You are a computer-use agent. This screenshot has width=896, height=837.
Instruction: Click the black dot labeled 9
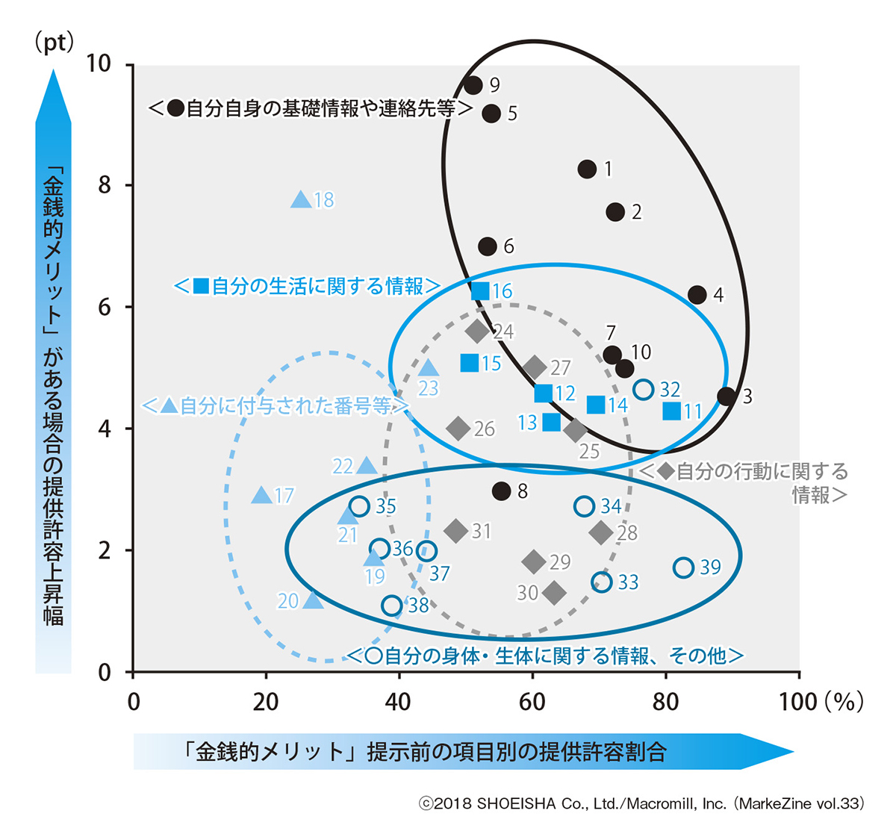tap(473, 85)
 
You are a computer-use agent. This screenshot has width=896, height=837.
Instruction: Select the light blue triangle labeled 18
tap(301, 199)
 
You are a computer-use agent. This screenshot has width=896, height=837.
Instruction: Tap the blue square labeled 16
tap(481, 290)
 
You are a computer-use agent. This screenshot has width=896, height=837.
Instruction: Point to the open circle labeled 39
tap(684, 567)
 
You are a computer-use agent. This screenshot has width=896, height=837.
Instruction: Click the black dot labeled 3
tap(727, 396)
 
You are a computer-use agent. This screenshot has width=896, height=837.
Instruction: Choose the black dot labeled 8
tap(502, 491)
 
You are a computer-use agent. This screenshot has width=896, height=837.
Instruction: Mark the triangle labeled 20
tap(314, 600)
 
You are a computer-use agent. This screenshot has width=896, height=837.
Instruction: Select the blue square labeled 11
tap(672, 411)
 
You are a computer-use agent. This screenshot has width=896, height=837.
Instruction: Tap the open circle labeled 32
tap(644, 389)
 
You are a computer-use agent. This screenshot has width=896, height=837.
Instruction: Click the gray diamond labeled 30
tap(554, 592)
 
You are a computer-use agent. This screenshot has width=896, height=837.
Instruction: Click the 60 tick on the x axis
tap(532, 702)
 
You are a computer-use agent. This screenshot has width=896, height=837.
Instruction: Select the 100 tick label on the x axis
tap(798, 702)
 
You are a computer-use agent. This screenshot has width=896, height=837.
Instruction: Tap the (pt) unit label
tap(55, 43)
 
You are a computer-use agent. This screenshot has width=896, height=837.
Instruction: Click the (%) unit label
tap(844, 702)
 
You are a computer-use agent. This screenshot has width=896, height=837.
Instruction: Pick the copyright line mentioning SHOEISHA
tap(641, 803)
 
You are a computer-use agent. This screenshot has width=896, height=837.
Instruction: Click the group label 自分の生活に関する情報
tap(307, 286)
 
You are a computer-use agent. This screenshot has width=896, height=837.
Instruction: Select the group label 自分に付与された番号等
tap(276, 405)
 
